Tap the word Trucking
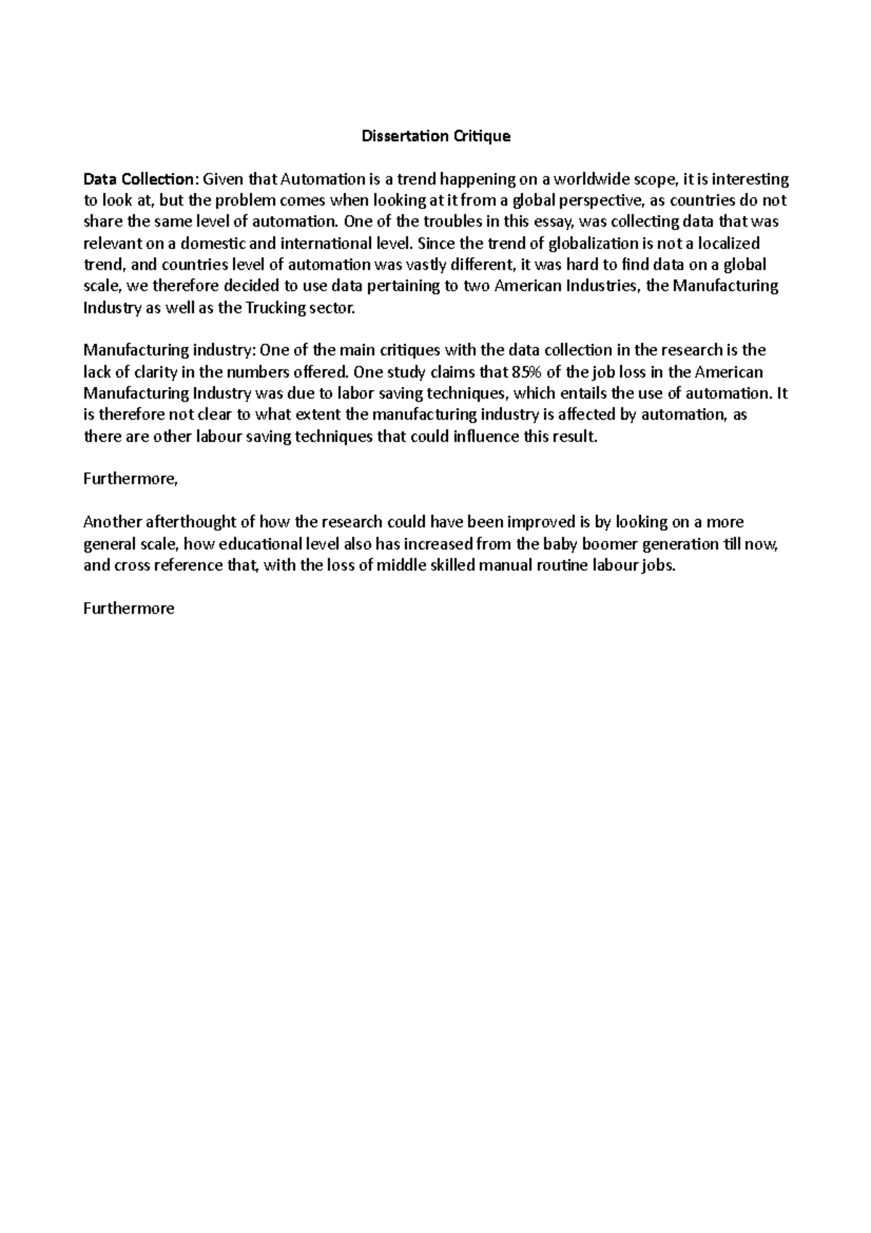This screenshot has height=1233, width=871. point(276,307)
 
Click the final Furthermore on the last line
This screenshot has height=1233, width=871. point(129,609)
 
